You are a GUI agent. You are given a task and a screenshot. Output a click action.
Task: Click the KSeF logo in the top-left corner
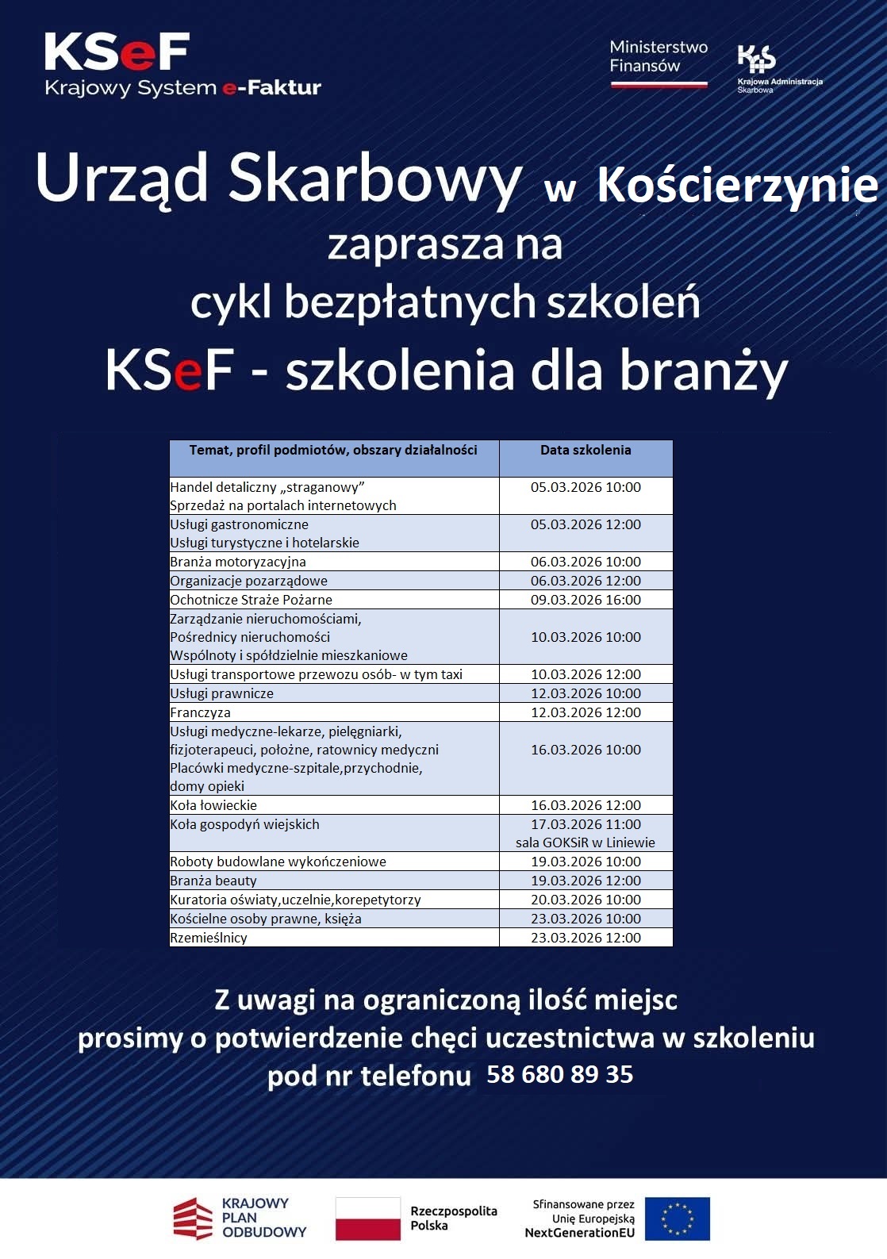click(117, 52)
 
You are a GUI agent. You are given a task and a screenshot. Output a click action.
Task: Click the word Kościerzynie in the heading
click(737, 186)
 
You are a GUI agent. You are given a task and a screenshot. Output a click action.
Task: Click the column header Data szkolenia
click(586, 451)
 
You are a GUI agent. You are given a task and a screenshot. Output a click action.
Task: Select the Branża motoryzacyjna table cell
click(238, 562)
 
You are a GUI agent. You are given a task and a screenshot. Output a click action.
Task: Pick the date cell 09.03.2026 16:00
click(586, 600)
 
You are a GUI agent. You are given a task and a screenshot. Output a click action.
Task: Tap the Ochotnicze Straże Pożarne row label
click(252, 600)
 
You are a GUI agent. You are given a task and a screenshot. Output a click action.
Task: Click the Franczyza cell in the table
click(201, 712)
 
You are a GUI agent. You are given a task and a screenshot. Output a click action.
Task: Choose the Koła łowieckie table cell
click(214, 805)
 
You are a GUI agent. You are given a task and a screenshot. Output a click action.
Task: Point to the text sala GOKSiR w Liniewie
click(586, 843)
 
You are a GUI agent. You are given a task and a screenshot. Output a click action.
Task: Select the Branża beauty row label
click(214, 881)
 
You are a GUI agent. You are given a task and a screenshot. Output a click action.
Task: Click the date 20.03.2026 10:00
click(586, 900)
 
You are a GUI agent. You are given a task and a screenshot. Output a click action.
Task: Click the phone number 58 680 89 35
click(560, 1074)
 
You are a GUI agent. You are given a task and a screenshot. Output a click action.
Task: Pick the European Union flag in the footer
click(677, 1219)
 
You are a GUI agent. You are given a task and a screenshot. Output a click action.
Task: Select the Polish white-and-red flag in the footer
click(368, 1219)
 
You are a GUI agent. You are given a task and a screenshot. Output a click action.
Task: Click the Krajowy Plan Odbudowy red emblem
click(194, 1219)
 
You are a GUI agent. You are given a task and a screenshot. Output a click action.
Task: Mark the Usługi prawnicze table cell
click(222, 693)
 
